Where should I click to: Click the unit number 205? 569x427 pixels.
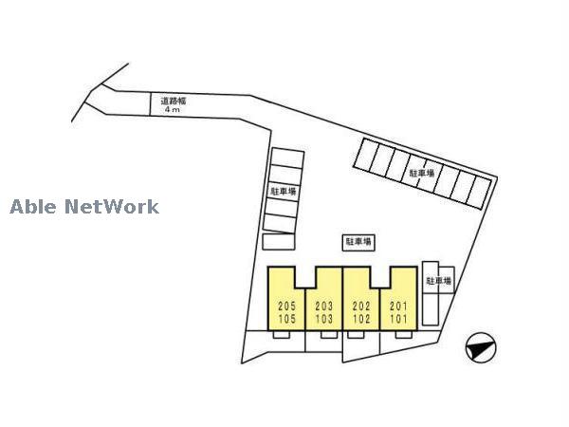(x=286, y=306)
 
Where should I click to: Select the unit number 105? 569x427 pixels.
(x=286, y=319)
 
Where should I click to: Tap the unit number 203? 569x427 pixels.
(x=323, y=306)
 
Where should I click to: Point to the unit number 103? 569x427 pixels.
(x=323, y=319)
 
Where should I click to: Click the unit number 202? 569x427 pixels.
(x=361, y=306)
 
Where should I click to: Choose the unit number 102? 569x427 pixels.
(x=361, y=319)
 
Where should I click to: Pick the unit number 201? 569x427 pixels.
(x=398, y=306)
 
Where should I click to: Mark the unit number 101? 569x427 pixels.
(x=398, y=319)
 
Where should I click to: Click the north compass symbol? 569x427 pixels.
(x=481, y=348)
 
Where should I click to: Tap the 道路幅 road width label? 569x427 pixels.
(x=174, y=101)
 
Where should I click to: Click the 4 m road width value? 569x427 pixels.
(x=172, y=109)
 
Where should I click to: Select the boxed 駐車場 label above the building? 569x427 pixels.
(x=358, y=242)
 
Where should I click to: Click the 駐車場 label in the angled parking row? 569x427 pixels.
(x=422, y=173)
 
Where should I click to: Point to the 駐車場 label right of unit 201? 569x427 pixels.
(x=439, y=281)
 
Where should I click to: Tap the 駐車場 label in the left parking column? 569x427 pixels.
(x=284, y=191)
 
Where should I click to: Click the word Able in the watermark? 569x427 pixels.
(x=33, y=207)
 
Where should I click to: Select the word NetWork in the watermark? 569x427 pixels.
(x=112, y=207)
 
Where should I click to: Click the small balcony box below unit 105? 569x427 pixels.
(x=282, y=334)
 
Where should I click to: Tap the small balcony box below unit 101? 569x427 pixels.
(x=404, y=334)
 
